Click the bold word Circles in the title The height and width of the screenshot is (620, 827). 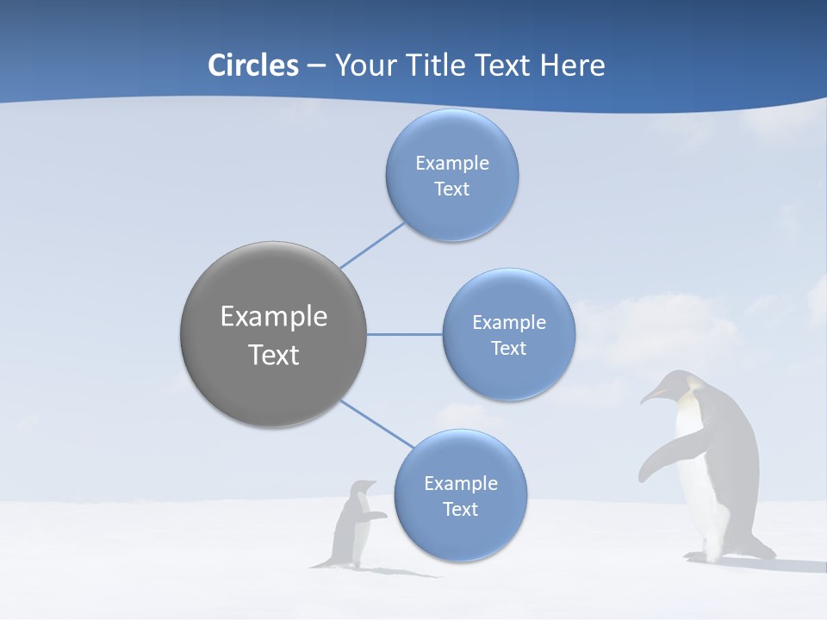pyautogui.click(x=253, y=65)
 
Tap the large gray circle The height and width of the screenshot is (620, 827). pyautogui.click(x=274, y=334)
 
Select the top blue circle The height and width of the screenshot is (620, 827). pyautogui.click(x=451, y=176)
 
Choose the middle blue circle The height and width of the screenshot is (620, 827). pyautogui.click(x=508, y=334)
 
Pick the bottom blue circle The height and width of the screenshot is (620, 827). pyautogui.click(x=460, y=496)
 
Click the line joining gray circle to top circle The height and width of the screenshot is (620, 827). pyautogui.click(x=372, y=245)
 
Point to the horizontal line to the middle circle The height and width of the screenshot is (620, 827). pyautogui.click(x=405, y=334)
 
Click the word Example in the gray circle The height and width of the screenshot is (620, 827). pyautogui.click(x=274, y=316)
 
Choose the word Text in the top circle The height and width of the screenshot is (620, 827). pyautogui.click(x=451, y=189)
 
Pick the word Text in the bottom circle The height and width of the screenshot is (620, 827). pyautogui.click(x=460, y=510)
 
